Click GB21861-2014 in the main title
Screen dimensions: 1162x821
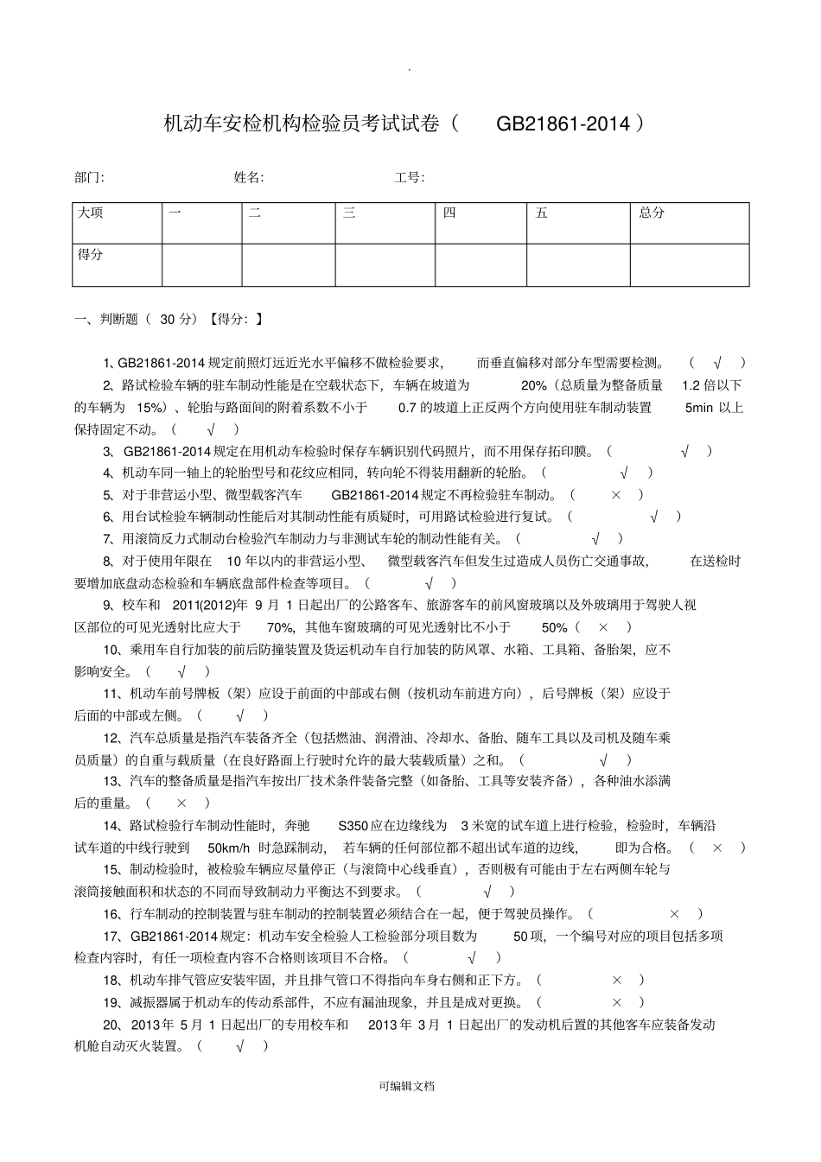[x=563, y=124]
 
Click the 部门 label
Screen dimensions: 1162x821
[x=88, y=177]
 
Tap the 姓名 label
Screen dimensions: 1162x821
[x=248, y=177]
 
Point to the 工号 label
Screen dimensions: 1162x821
[x=409, y=177]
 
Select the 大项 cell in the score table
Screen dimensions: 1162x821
[x=91, y=213]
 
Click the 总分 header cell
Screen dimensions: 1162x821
[x=652, y=213]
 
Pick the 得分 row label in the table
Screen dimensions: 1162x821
[x=91, y=255]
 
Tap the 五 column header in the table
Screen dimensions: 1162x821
[x=542, y=213]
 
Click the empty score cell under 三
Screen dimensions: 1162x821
[x=385, y=264]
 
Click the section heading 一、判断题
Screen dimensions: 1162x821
[x=106, y=319]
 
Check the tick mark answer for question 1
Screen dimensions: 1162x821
[x=716, y=363]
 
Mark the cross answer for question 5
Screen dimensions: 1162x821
[x=615, y=495]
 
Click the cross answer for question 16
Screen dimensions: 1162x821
[x=674, y=913]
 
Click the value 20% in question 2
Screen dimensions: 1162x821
[x=534, y=385]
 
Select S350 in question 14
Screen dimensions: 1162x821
[x=353, y=825]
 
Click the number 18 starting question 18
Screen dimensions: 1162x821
[x=110, y=980]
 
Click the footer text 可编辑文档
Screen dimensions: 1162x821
[x=406, y=1086]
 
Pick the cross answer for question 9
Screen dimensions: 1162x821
[x=603, y=627]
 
